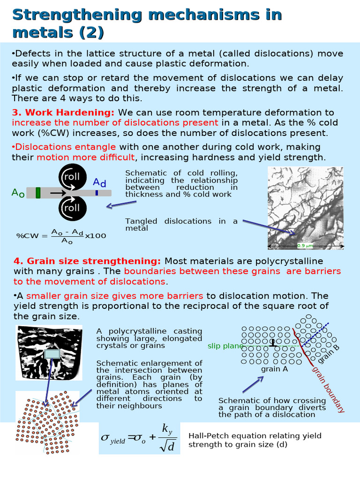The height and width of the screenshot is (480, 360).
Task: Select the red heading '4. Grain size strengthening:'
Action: pyautogui.click(x=87, y=261)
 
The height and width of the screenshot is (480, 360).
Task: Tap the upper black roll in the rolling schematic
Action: pyautogui.click(x=72, y=178)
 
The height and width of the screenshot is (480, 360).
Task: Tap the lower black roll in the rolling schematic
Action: pyautogui.click(x=72, y=208)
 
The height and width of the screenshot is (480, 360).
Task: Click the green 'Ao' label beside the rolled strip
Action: pyautogui.click(x=18, y=193)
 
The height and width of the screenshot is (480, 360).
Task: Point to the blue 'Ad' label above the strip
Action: pyautogui.click(x=99, y=182)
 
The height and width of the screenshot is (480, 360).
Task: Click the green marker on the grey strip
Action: pyautogui.click(x=38, y=193)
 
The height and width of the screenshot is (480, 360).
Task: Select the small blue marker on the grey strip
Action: pyautogui.click(x=97, y=193)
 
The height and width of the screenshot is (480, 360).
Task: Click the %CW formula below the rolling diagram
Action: pyautogui.click(x=61, y=236)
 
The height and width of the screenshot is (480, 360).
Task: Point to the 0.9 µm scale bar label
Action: pyautogui.click(x=305, y=245)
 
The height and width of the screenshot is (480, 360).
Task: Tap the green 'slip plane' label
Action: pyautogui.click(x=225, y=346)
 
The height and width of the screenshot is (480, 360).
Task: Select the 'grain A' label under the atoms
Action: pyautogui.click(x=274, y=369)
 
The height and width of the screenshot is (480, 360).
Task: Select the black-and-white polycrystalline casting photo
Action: pyautogui.click(x=49, y=352)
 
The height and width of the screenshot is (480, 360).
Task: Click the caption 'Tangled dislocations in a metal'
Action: pyautogui.click(x=181, y=225)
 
